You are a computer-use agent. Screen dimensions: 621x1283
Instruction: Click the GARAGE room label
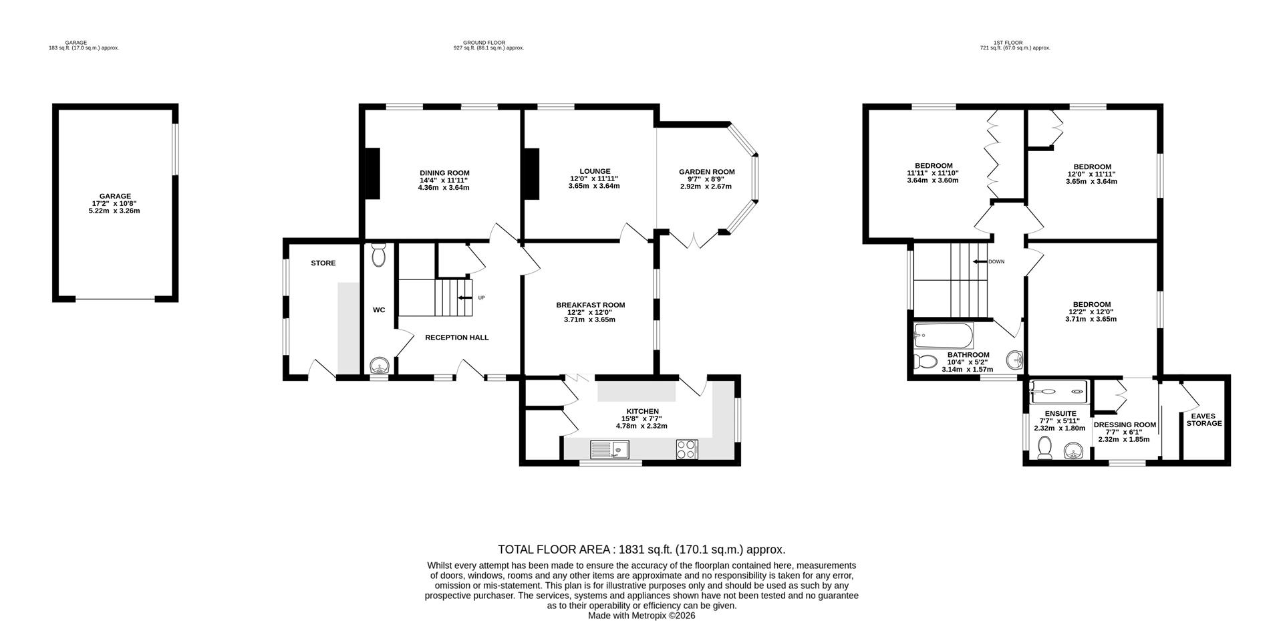115,196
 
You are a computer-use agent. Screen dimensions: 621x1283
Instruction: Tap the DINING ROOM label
444,172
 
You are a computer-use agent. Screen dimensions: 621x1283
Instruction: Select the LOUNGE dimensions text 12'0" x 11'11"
594,178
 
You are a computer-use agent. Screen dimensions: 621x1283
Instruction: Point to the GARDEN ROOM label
706,172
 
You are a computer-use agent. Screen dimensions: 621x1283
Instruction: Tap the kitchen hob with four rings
687,449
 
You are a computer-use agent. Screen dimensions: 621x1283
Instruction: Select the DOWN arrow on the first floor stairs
980,261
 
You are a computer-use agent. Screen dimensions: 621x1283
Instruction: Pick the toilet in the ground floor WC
378,255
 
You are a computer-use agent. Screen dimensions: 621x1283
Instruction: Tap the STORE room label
323,263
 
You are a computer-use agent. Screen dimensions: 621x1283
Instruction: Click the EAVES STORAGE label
1203,419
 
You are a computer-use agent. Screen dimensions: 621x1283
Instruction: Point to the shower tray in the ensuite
1058,388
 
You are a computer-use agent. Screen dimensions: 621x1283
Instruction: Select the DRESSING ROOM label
1125,424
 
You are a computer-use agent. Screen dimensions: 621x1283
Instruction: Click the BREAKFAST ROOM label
590,305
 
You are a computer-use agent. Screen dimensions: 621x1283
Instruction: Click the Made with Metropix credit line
641,616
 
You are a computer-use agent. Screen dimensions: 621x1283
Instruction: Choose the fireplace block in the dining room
372,173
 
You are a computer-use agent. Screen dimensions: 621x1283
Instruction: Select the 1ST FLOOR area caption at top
1014,43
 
